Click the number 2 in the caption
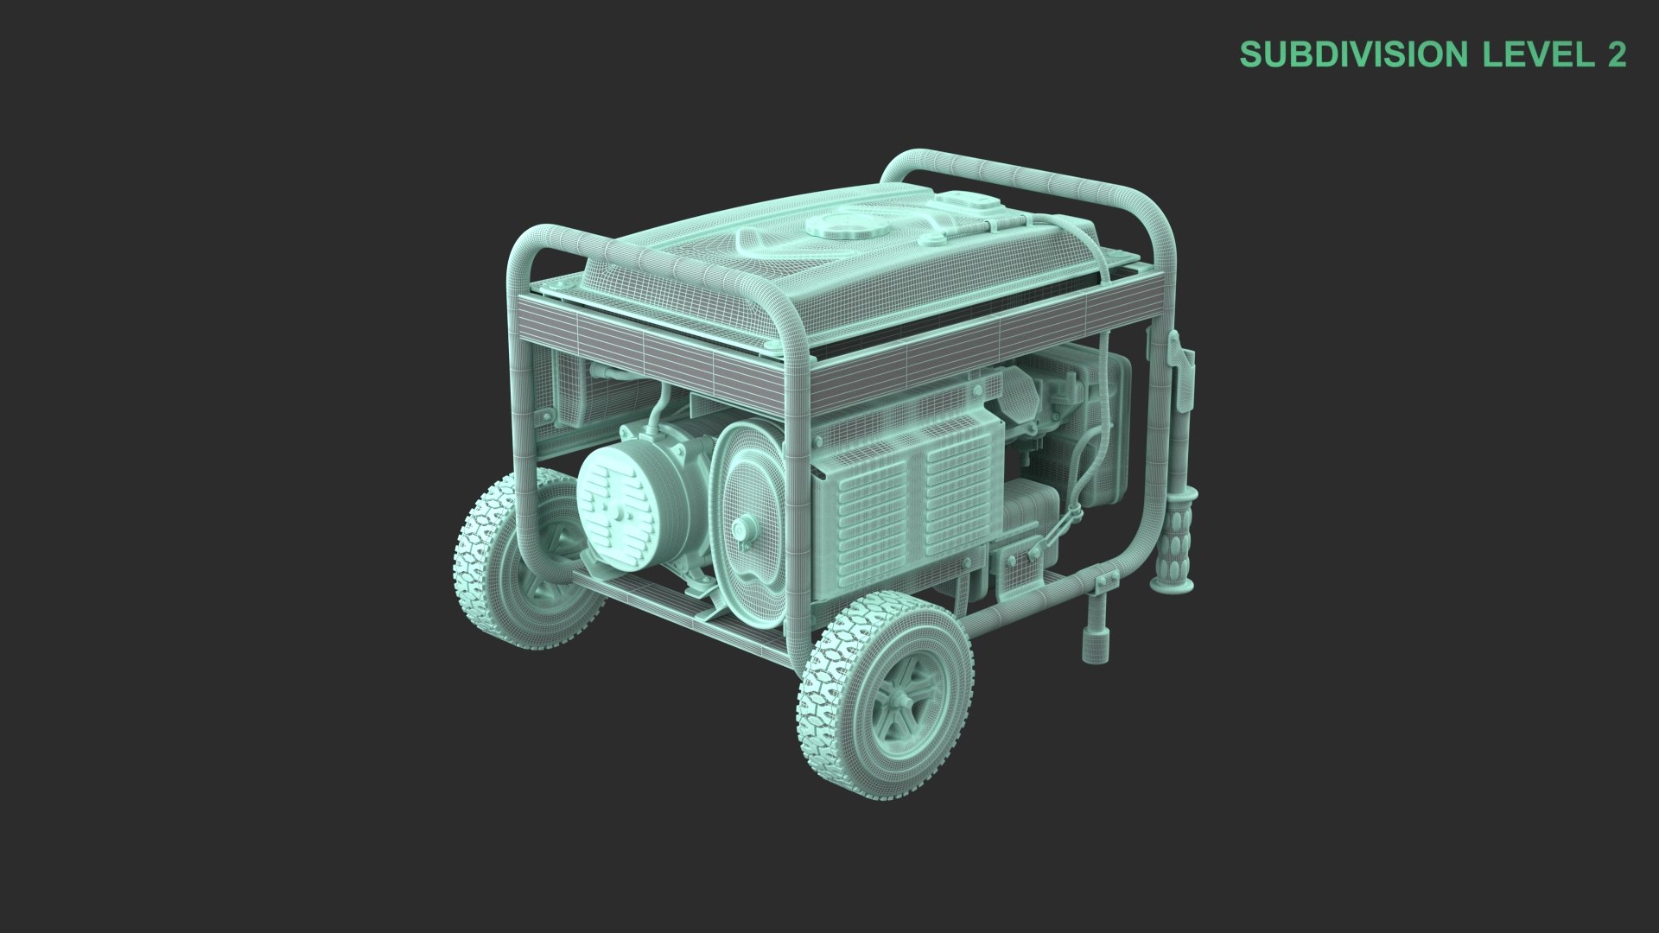[x=1616, y=54]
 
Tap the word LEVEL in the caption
[x=1533, y=54]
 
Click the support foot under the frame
[x=1095, y=639]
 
